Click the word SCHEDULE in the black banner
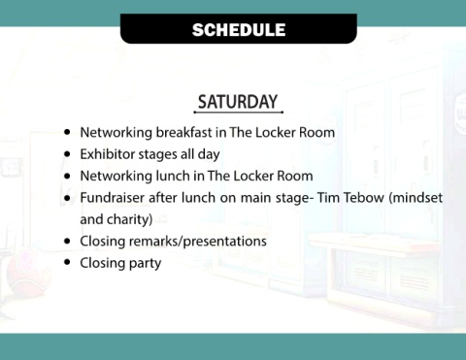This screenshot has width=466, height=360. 239,30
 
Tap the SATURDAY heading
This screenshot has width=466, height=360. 238,102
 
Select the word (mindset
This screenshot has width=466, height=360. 416,197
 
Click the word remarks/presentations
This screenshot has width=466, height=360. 198,242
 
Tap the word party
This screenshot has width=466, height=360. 145,263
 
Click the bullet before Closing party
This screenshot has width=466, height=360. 67,262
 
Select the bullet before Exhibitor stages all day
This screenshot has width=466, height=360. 67,153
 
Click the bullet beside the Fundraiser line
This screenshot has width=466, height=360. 67,197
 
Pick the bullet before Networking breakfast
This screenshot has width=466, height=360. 67,132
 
